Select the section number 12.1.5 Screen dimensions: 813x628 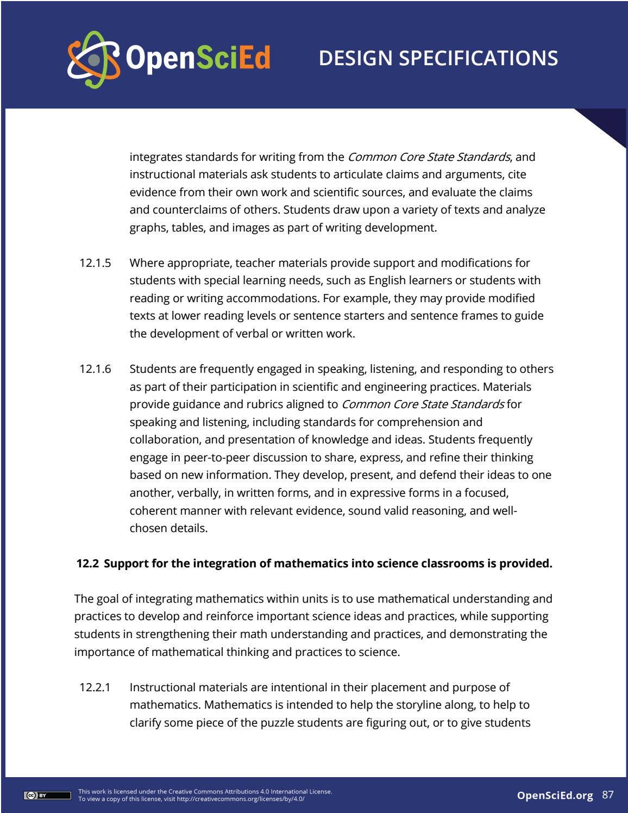pyautogui.click(x=95, y=263)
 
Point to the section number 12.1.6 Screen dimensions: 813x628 pyautogui.click(x=95, y=369)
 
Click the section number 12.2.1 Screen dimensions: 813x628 pyautogui.click(x=95, y=687)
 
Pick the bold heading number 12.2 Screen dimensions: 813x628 pyautogui.click(x=87, y=564)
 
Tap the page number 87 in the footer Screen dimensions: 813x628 pyautogui.click(x=608, y=795)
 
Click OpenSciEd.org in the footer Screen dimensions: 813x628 pyautogui.click(x=555, y=796)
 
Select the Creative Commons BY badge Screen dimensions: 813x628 pyautogui.click(x=47, y=796)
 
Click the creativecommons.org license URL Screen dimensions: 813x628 pyautogui.click(x=240, y=799)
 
